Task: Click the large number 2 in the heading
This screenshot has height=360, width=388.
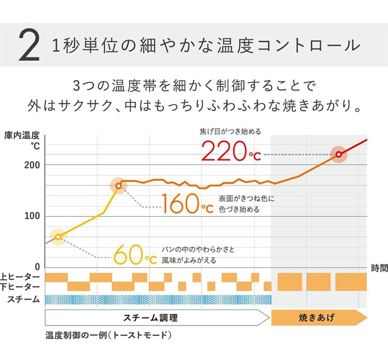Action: (28, 46)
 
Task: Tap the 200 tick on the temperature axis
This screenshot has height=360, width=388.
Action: (33, 164)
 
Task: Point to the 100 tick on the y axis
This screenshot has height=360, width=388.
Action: (33, 216)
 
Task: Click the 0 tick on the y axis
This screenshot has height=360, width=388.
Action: (37, 267)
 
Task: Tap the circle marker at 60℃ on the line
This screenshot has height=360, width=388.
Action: (58, 237)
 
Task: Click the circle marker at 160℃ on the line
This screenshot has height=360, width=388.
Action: (118, 186)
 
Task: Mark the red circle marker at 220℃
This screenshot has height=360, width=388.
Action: (339, 154)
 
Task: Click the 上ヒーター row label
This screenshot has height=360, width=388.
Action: (20, 277)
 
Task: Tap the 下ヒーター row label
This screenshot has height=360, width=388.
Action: (20, 287)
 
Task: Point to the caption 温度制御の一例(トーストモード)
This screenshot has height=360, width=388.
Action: (108, 335)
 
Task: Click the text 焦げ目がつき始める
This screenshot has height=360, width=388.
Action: (230, 131)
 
